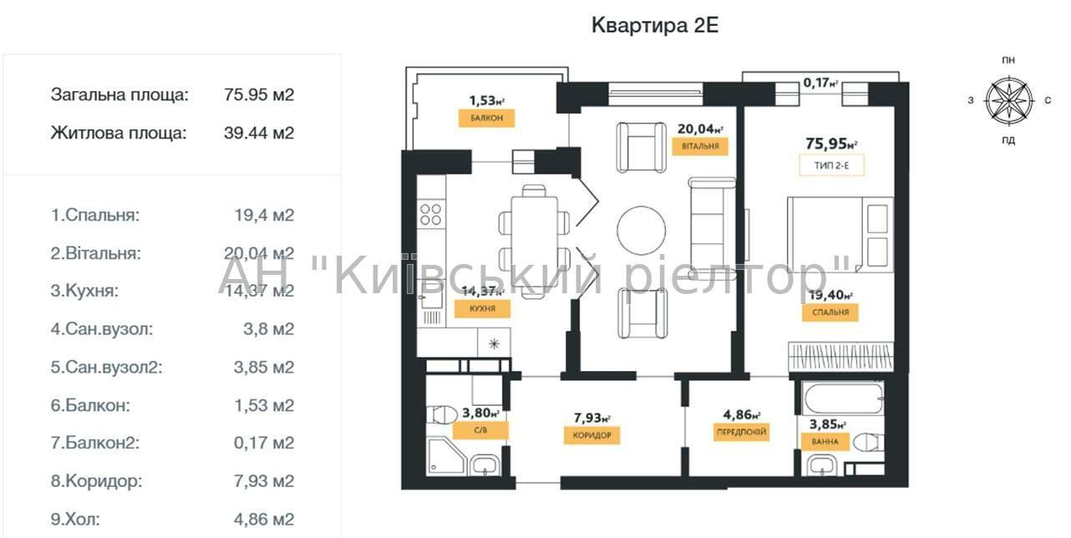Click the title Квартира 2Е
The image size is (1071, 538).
(655, 25)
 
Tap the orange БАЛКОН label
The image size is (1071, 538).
(487, 118)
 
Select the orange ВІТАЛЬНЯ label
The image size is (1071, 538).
(700, 146)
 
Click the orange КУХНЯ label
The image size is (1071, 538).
(482, 308)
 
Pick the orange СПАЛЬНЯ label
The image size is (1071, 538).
(830, 312)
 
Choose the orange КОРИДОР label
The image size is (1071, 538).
(592, 435)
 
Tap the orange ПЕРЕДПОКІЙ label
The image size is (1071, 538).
(741, 432)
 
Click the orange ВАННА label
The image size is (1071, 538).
(825, 441)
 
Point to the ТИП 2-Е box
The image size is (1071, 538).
(832, 165)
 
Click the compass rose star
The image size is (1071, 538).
(1009, 101)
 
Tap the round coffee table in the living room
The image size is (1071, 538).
(641, 231)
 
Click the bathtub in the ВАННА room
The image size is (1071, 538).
(844, 398)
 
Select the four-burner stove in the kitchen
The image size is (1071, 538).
(431, 214)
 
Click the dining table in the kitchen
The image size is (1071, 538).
(534, 241)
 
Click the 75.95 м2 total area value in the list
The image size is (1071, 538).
(259, 94)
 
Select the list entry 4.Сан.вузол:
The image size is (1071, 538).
(102, 329)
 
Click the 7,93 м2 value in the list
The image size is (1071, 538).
(264, 480)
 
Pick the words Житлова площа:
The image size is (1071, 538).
(119, 133)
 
